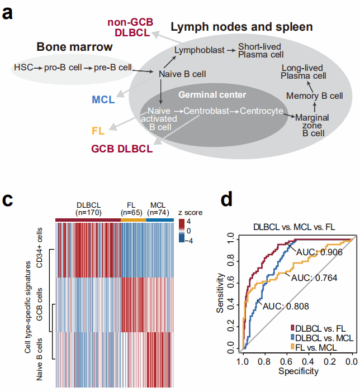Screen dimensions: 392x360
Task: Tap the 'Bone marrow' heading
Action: (x=74, y=47)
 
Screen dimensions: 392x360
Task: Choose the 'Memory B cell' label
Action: (x=315, y=95)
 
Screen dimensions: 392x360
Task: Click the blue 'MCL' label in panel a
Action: (x=103, y=100)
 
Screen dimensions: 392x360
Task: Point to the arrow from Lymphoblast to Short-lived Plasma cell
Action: (x=230, y=50)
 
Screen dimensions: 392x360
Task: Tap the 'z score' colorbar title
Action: (x=187, y=213)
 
